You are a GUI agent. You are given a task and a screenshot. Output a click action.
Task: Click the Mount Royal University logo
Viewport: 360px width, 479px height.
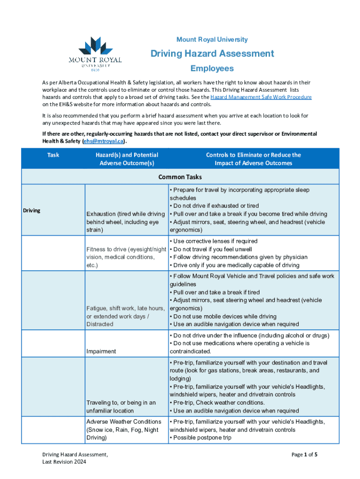95,55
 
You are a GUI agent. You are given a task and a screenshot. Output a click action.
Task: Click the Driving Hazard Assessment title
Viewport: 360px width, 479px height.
212,54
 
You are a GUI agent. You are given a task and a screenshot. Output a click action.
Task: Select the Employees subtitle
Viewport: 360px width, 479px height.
212,69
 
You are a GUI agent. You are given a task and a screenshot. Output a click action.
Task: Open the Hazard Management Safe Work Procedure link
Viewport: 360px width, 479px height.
261,97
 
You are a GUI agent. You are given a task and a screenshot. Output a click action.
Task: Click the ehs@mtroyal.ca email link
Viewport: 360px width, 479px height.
103,141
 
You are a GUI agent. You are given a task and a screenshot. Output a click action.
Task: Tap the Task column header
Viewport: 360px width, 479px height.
53,155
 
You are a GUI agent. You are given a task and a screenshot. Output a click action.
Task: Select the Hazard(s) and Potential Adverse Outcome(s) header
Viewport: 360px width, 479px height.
127,159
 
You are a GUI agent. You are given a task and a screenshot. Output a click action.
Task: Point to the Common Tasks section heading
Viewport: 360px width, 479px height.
180,177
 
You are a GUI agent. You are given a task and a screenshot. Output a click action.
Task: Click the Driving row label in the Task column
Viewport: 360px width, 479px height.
32,210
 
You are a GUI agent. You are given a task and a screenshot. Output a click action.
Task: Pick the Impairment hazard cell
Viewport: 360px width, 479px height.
101,351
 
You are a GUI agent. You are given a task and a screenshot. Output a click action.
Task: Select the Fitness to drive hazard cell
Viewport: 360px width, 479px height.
126,257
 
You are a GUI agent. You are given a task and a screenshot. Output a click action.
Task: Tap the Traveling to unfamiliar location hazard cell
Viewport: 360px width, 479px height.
121,406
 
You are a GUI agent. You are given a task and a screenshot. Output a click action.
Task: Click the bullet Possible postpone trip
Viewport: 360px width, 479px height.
202,438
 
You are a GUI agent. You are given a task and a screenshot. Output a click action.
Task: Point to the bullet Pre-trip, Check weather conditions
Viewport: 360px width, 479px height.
218,403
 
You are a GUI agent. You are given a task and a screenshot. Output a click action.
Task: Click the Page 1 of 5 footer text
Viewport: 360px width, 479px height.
304,454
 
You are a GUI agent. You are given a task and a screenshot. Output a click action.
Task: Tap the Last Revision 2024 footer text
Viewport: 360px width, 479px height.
64,462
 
